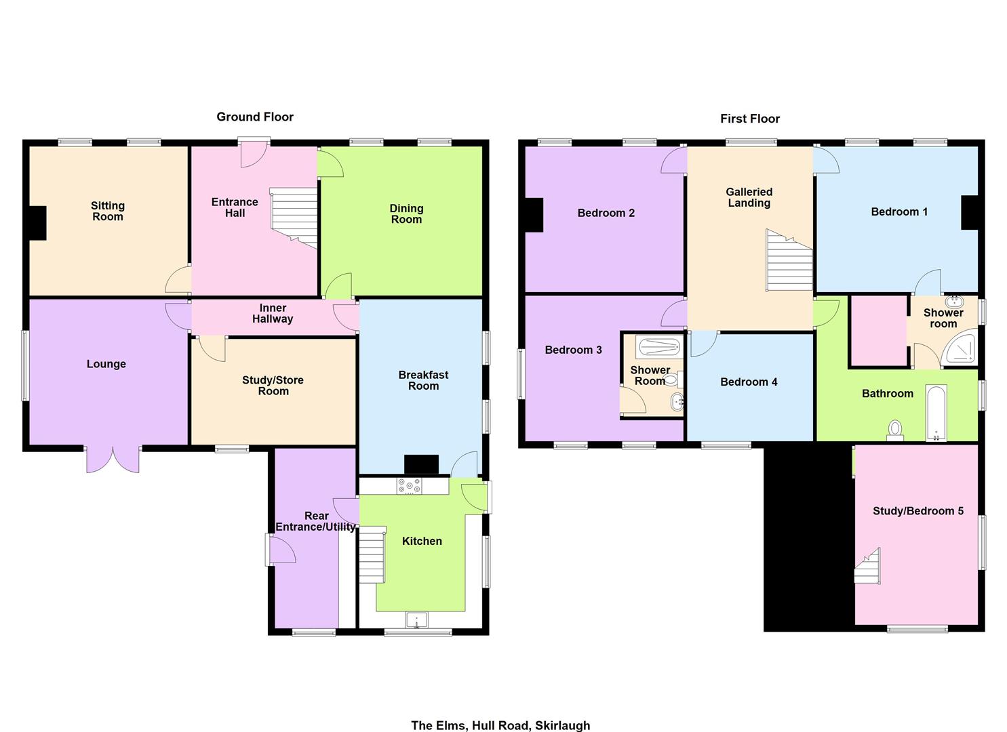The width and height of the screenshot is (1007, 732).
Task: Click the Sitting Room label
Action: pos(108,211)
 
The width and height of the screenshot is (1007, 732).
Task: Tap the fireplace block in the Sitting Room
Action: pos(38,223)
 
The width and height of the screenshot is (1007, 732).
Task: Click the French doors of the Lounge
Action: pos(113,460)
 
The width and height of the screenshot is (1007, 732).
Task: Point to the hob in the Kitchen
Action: pos(409,486)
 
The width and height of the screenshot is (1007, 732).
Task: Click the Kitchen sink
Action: pos(417,619)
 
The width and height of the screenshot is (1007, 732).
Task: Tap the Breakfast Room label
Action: pos(423,380)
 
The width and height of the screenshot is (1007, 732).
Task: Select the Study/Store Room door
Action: pos(212,348)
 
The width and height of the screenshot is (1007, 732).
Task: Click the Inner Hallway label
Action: pos(273,313)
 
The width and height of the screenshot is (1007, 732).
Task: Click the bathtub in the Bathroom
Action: pos(936,413)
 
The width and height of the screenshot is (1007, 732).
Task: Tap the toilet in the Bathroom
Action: pos(895,430)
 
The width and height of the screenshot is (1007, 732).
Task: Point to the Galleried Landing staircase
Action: pos(789,260)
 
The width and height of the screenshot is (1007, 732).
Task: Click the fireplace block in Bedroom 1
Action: pos(970,213)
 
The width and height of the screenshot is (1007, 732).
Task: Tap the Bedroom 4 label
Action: pos(749,382)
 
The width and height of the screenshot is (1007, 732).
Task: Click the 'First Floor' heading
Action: pos(750,119)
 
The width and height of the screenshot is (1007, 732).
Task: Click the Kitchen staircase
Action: pos(372,554)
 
